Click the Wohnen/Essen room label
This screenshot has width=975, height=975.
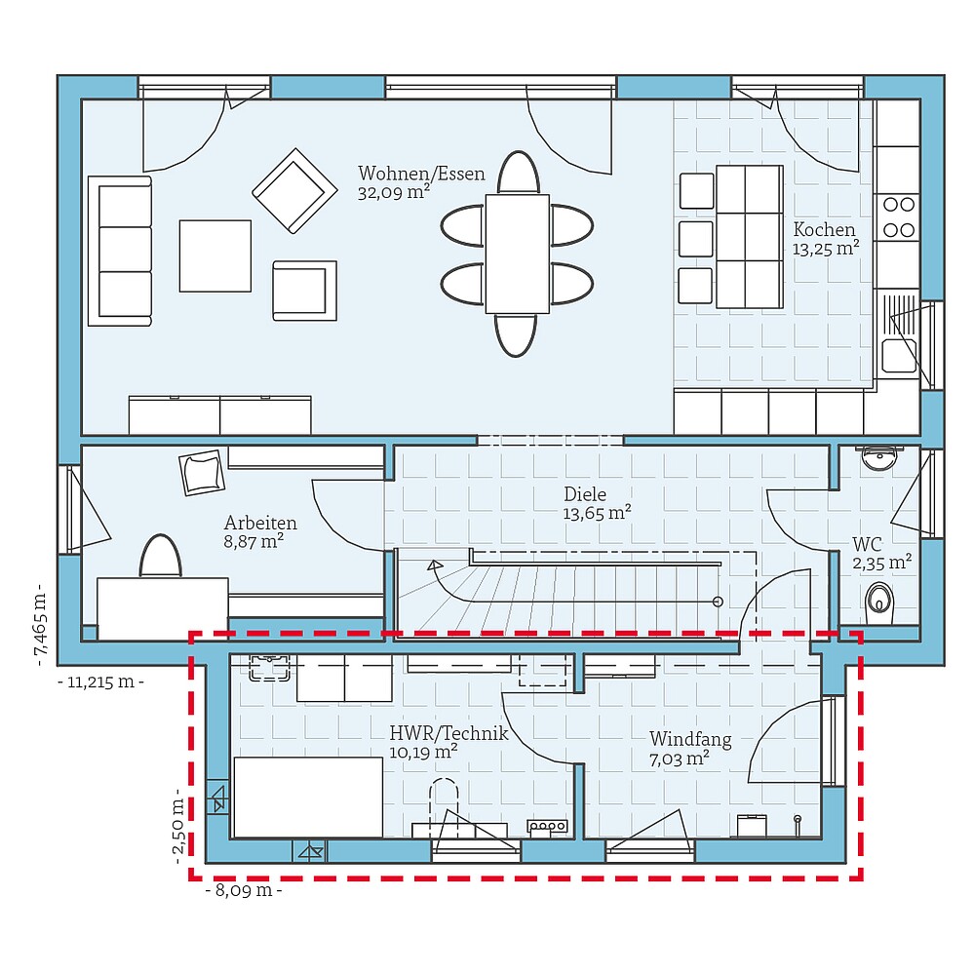[420, 175]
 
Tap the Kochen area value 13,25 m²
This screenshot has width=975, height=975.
[826, 249]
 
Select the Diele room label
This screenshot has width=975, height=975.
[584, 494]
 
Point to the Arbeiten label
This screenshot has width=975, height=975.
[260, 524]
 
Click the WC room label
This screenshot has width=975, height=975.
[867, 543]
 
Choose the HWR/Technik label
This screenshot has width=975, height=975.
[448, 734]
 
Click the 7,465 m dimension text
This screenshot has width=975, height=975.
[40, 629]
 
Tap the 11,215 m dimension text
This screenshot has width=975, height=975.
[100, 682]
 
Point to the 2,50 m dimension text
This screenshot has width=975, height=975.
[178, 827]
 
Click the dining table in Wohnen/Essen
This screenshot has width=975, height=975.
[517, 253]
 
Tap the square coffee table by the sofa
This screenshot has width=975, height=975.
[214, 255]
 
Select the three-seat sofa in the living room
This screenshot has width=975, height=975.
[120, 251]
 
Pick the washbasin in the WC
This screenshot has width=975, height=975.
[880, 457]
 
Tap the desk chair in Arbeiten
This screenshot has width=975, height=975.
[161, 557]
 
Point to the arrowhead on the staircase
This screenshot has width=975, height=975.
[434, 565]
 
